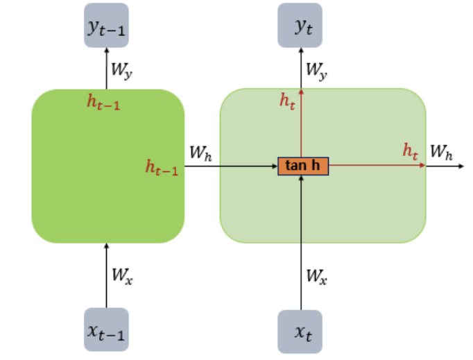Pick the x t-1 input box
point(106,329)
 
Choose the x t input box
point(301,332)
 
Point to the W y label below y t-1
point(121,69)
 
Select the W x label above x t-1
point(122,275)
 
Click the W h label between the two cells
point(200,153)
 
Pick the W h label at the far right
point(441,152)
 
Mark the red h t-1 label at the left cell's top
point(102,104)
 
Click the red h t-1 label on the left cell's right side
point(162,167)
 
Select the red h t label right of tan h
point(411,151)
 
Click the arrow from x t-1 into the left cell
point(106,275)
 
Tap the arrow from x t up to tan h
point(301,243)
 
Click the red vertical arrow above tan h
point(301,125)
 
